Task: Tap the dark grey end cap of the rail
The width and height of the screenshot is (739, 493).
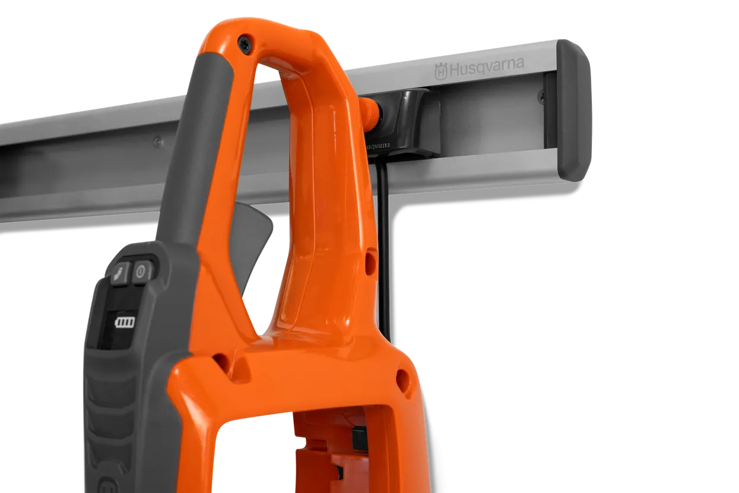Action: coord(573,110)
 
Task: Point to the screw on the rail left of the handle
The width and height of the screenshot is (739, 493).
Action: coord(157,141)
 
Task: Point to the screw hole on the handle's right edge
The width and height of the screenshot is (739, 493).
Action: coord(371,260)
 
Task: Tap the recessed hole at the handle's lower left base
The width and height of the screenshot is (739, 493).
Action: coord(221,359)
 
